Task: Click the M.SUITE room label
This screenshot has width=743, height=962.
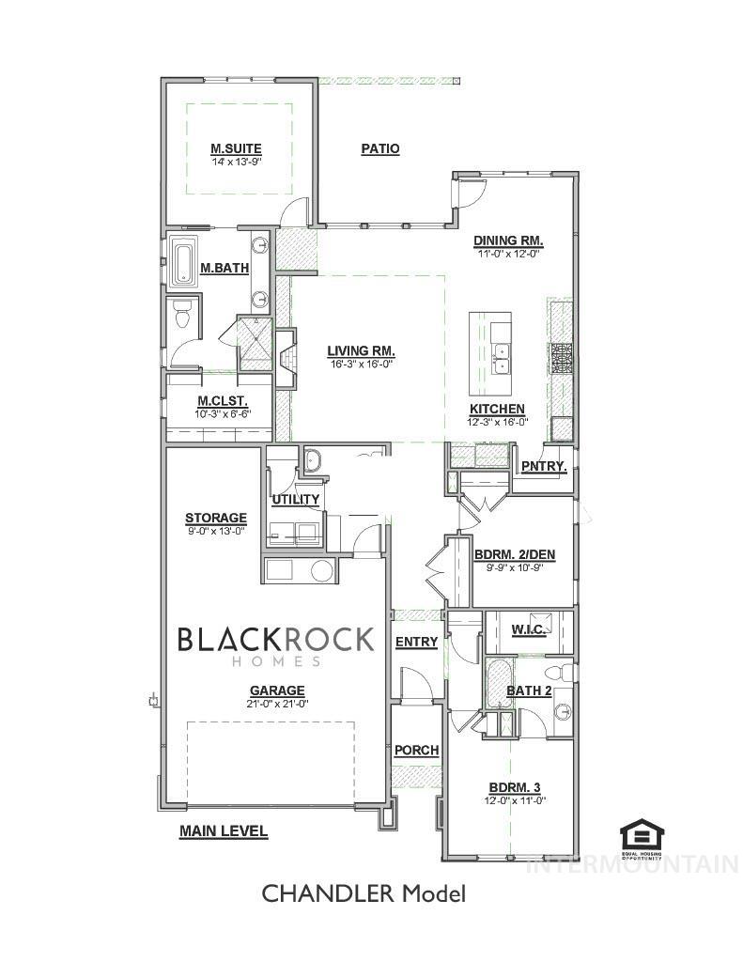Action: [x=236, y=148]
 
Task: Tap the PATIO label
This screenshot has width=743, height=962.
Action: [x=380, y=148]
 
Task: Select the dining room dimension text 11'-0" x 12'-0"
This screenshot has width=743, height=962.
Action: [x=508, y=253]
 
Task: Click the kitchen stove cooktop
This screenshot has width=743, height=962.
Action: [x=561, y=359]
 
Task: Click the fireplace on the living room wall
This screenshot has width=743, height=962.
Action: [x=286, y=359]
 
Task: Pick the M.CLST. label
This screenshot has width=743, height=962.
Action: [x=223, y=401]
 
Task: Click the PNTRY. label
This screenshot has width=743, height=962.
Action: [x=543, y=466]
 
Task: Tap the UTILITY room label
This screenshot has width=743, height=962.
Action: [x=295, y=499]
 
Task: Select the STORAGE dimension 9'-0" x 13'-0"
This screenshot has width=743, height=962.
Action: [x=215, y=531]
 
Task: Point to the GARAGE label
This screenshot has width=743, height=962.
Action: [x=276, y=690]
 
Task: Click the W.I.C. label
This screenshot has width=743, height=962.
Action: [x=530, y=628]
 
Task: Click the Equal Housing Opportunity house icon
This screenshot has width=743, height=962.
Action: [x=642, y=835]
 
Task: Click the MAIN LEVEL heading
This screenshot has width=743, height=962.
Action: [x=224, y=830]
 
